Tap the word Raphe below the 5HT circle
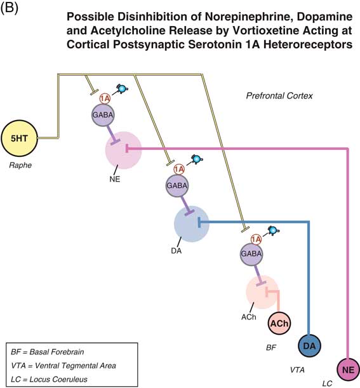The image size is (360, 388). (x=20, y=166)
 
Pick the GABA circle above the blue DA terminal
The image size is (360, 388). (x=177, y=185)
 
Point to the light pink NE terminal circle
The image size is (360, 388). (x=123, y=151)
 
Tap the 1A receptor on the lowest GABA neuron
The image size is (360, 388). (x=256, y=239)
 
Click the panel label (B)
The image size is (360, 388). (x=13, y=9)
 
